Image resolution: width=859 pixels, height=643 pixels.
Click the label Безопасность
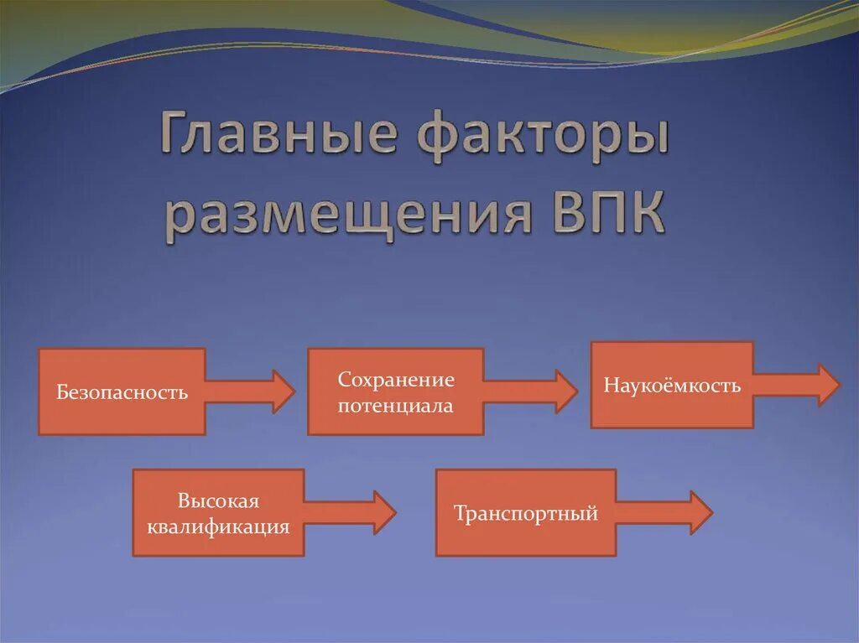(x=122, y=392)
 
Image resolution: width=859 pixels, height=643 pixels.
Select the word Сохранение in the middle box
(x=396, y=380)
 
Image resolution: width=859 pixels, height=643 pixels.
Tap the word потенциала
(x=396, y=406)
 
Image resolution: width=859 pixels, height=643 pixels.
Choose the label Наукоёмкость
(x=672, y=386)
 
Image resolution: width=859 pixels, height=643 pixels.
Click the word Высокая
(x=218, y=501)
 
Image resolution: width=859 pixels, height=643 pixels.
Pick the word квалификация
(x=218, y=527)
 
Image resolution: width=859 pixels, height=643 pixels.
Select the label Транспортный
(x=526, y=513)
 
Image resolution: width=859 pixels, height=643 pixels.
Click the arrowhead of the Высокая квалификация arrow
(x=384, y=512)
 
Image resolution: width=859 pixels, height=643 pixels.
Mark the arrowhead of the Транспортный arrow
(x=701, y=512)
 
